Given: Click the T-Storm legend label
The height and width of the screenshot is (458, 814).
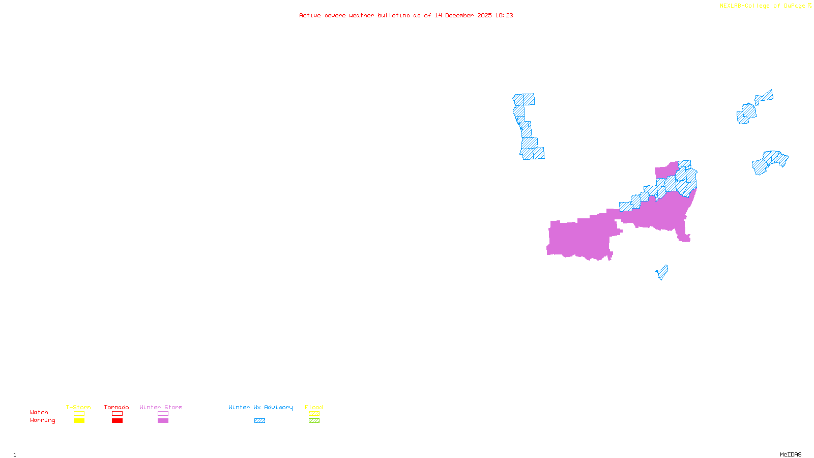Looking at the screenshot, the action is [78, 407].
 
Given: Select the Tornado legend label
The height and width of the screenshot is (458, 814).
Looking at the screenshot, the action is [117, 407].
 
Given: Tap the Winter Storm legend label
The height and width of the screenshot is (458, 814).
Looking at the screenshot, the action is [161, 407].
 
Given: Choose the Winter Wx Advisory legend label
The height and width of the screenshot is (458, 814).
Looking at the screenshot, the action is [260, 407].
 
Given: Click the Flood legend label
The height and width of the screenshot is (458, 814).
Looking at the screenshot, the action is [314, 407].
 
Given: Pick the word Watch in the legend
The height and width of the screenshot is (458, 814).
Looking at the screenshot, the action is [39, 412].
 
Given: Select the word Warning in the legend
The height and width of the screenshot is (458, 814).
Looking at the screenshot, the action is [43, 420].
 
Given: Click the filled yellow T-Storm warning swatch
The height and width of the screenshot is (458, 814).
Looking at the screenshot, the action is [79, 421].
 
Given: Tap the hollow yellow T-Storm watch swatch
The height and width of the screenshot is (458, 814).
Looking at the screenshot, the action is [79, 414].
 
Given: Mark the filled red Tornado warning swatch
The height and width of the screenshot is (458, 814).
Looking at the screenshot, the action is [117, 421].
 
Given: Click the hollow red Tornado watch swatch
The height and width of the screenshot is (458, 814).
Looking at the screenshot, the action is [117, 414].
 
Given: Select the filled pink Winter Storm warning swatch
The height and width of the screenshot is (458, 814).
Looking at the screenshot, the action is [163, 421].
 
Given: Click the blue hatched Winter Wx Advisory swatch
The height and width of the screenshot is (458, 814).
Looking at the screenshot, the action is [259, 421].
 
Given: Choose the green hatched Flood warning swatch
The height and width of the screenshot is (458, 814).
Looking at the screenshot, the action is [314, 421].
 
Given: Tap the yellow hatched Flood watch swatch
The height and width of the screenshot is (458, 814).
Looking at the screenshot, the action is [314, 414].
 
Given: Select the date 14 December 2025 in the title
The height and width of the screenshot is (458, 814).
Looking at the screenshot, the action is [463, 15].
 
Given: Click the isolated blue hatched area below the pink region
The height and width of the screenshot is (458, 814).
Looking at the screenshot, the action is [662, 272].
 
